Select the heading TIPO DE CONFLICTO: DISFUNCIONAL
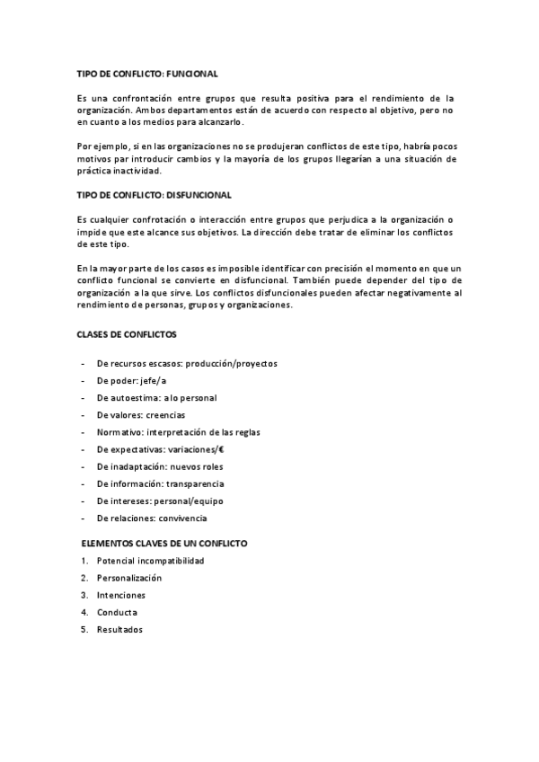pos(155,194)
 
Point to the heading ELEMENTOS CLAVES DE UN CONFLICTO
pos(164,544)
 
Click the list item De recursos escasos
pos(187,364)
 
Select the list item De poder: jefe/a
pos(131,381)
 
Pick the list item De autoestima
pos(156,398)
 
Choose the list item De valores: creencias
pos(141,415)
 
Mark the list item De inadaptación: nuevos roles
pos(160,466)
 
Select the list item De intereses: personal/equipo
pos(160,501)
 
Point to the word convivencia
pos(181,518)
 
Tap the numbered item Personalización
pos(129,578)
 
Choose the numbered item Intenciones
pos(120,595)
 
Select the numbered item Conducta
pos(117,612)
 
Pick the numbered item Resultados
pos(119,629)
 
